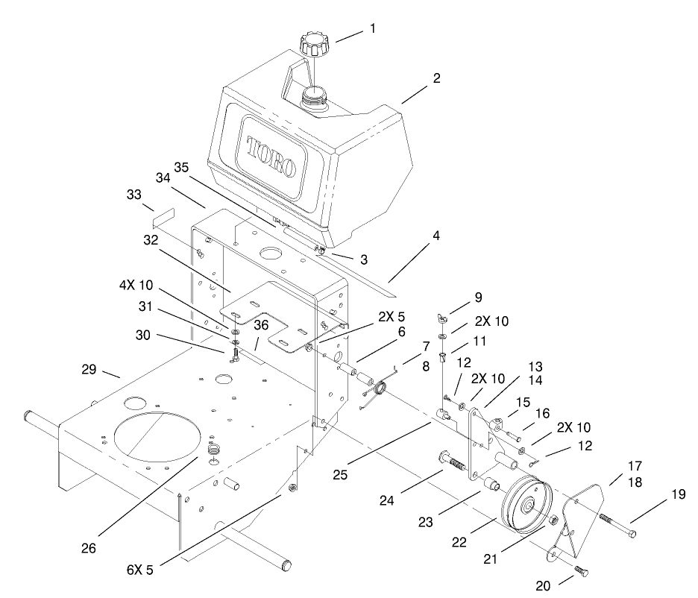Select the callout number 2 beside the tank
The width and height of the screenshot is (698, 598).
[437, 77]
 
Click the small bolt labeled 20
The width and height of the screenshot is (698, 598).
[582, 572]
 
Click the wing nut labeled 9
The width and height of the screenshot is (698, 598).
[444, 319]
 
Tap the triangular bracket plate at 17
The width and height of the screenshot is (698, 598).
[580, 520]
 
